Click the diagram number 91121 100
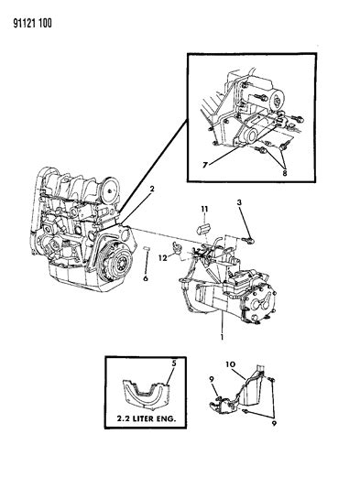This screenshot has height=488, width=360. tap(32, 23)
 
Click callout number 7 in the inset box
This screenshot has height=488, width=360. tap(204, 165)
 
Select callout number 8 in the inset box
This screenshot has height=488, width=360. tap(284, 172)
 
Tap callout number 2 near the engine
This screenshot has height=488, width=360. tap(152, 189)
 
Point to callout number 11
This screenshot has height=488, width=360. tap(204, 209)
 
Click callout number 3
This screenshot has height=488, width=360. tap(239, 202)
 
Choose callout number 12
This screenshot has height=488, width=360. tap(163, 258)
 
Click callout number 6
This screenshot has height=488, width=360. tap(146, 278)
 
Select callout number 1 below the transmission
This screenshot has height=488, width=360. tap(222, 337)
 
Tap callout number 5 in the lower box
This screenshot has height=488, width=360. tap(174, 363)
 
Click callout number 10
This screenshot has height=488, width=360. tap(231, 364)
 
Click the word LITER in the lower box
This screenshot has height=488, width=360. tap(143, 418)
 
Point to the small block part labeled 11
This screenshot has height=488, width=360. tap(202, 230)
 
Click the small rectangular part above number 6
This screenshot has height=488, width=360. tap(147, 248)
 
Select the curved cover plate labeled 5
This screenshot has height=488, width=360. tap(146, 393)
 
